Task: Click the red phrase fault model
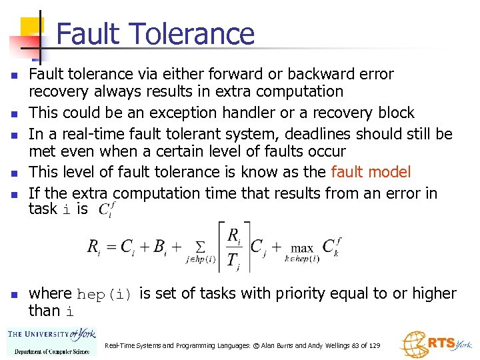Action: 371,172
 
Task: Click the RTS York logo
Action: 436,344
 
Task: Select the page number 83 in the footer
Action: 355,346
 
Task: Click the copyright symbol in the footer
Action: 245,346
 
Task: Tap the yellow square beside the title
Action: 31,29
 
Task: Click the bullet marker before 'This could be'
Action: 14,113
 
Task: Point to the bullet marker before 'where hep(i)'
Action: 14,294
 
